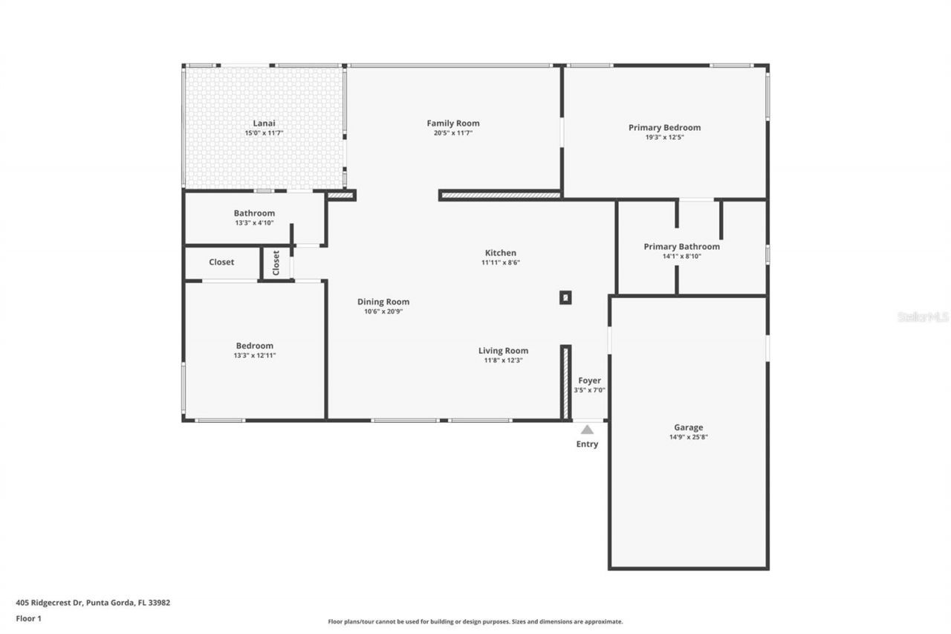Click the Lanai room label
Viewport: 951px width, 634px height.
pos(263,123)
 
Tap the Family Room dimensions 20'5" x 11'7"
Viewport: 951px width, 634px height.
pos(452,133)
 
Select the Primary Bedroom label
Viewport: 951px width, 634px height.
pos(664,127)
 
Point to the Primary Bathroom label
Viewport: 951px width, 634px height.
pos(681,246)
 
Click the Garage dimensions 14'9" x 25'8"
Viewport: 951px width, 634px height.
pos(688,438)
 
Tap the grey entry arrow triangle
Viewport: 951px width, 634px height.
pos(587,429)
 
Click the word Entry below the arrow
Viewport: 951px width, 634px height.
pos(587,444)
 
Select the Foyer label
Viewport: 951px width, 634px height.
pos(589,381)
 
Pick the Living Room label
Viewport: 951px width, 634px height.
pos(503,351)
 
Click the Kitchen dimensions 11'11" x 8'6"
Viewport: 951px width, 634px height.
pos(500,262)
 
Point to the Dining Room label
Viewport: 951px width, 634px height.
pos(383,302)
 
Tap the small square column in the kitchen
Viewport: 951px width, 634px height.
pos(565,297)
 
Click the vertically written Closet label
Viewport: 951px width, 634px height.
pos(276,262)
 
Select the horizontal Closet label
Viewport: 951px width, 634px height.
pos(221,262)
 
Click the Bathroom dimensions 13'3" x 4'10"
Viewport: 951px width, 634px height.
pos(254,223)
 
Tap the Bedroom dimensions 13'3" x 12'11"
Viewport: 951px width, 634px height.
pos(254,356)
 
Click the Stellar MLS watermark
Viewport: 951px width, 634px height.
pos(923,317)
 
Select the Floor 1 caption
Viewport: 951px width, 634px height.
pos(28,618)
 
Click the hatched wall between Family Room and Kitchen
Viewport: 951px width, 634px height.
pos(500,195)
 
